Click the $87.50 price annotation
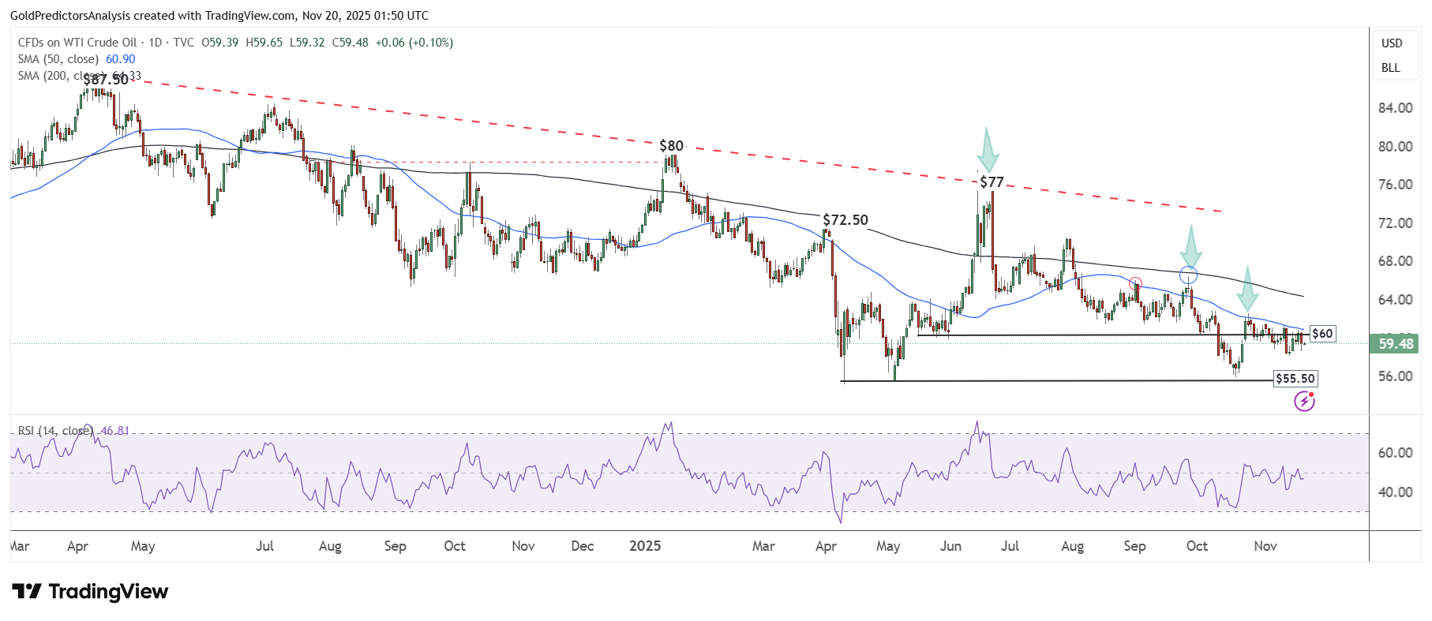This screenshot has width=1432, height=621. [106, 80]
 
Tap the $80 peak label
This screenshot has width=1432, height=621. [671, 146]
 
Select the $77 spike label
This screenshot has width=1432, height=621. [992, 182]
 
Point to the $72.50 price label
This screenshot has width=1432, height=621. [845, 220]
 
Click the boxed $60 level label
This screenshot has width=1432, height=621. [1322, 334]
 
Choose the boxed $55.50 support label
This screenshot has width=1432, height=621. [1295, 379]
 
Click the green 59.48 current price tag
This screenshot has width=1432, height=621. [1396, 344]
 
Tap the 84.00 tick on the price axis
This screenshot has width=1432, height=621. [1395, 108]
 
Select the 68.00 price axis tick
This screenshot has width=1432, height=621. [1395, 261]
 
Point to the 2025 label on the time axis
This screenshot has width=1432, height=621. [645, 546]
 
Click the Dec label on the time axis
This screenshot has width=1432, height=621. [582, 546]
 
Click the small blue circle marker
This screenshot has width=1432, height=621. [1188, 275]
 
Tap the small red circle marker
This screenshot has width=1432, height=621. [1135, 283]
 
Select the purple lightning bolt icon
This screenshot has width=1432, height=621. [1304, 402]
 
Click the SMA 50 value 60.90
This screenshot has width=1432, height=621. [120, 59]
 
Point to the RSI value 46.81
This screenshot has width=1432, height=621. [115, 431]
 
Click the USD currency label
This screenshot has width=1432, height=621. [1392, 43]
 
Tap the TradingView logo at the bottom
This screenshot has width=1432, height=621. [91, 592]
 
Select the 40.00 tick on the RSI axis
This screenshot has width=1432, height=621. [1395, 492]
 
